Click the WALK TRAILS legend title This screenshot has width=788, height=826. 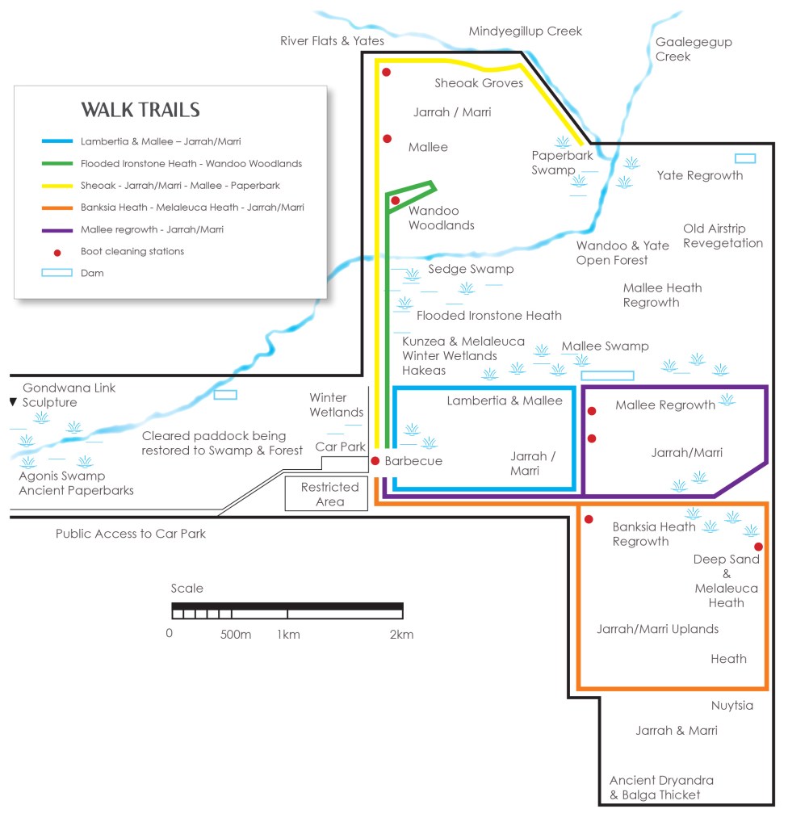pyautogui.click(x=140, y=111)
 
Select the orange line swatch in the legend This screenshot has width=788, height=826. pyautogui.click(x=57, y=208)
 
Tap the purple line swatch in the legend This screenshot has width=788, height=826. pyautogui.click(x=57, y=229)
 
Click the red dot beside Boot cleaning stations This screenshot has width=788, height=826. pyautogui.click(x=57, y=252)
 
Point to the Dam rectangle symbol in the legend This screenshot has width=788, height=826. pyautogui.click(x=57, y=274)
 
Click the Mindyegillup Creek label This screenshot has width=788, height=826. pyautogui.click(x=526, y=31)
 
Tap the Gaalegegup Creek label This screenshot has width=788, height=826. pyautogui.click(x=683, y=49)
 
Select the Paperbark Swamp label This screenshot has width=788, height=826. pyautogui.click(x=554, y=162)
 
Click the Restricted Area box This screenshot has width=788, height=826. pyautogui.click(x=329, y=494)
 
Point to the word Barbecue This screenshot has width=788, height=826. pyautogui.click(x=413, y=461)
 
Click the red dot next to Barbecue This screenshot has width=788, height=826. pyautogui.click(x=375, y=461)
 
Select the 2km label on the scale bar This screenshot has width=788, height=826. pyautogui.click(x=401, y=635)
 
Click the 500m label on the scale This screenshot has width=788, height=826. pyautogui.click(x=236, y=635)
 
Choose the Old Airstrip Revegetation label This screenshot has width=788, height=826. pyautogui.click(x=723, y=236)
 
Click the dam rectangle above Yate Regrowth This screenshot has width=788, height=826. pyautogui.click(x=745, y=158)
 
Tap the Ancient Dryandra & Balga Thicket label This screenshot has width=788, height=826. pyautogui.click(x=661, y=788)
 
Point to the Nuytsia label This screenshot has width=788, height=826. pyautogui.click(x=731, y=706)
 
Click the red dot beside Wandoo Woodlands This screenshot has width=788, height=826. pyautogui.click(x=395, y=200)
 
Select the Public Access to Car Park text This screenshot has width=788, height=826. pyautogui.click(x=131, y=534)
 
